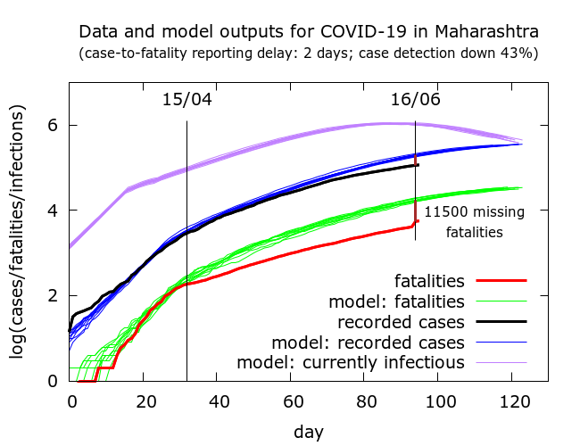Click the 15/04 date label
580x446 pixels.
tap(186, 99)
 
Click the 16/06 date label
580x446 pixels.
tap(415, 99)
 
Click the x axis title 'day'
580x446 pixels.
tap(309, 431)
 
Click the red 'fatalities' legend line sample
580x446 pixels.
tap(501, 280)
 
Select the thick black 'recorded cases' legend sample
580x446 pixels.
tap(501, 321)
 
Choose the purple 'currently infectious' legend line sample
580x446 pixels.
tap(501, 362)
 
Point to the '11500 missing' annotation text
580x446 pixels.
tap(474, 212)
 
